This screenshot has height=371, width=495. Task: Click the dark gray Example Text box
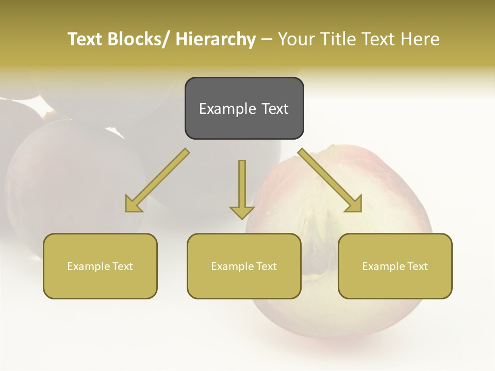point(244,108)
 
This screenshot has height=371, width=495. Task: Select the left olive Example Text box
point(100,266)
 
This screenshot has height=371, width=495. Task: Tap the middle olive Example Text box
point(244,266)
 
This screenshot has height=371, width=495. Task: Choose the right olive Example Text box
point(395,266)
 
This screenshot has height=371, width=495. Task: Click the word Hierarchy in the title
point(216,39)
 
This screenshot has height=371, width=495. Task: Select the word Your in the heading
point(295,39)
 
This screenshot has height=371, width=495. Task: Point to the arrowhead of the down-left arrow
point(133,205)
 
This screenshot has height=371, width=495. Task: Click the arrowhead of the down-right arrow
point(354,205)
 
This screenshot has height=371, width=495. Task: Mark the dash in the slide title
point(267,39)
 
